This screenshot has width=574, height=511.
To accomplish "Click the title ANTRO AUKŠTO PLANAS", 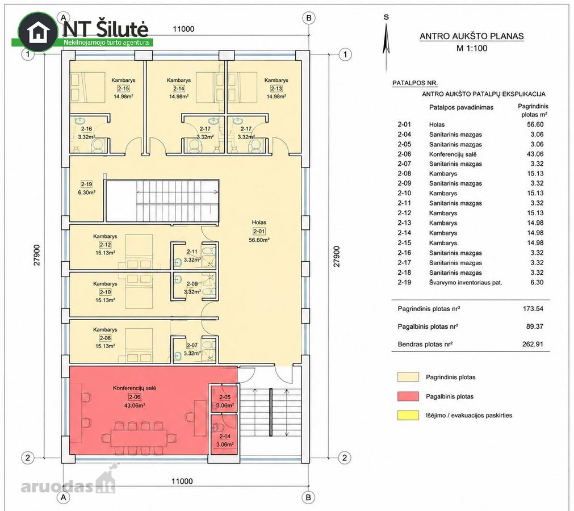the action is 471,36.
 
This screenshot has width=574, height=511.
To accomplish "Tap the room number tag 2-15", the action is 123,88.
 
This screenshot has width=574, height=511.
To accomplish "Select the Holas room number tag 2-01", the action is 259,231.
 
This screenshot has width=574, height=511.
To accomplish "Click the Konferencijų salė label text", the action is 135,388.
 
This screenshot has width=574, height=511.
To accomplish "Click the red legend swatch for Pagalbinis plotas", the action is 408,396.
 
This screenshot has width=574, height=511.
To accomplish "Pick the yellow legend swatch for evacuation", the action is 408,415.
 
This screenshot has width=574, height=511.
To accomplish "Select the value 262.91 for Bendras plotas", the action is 533,344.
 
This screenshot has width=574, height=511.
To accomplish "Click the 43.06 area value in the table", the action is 535,154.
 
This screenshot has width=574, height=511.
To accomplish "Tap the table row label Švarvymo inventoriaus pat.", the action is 466,283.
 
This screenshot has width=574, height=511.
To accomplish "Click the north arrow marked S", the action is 386,44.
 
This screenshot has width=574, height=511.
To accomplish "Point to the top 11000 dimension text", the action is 183,29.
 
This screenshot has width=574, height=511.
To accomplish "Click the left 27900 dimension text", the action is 37,255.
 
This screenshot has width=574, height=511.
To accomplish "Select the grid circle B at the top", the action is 309,18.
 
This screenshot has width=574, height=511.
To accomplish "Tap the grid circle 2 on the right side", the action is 344,458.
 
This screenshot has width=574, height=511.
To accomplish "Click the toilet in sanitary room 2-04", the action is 217,428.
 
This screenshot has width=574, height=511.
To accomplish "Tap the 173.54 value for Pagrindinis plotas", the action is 533,308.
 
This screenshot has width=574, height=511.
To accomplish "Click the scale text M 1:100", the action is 471,48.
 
